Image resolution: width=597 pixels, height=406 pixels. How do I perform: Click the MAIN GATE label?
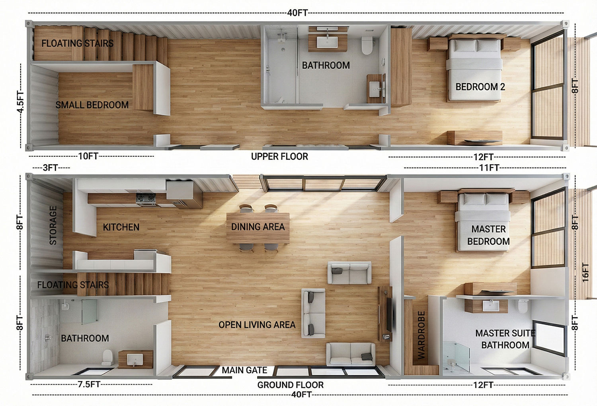tap(244, 370)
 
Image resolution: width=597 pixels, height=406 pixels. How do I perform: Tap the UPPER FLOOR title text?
tap(279, 156)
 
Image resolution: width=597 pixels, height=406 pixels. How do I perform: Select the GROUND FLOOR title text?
tap(290, 385)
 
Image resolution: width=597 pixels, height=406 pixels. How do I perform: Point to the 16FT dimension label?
tap(585, 273)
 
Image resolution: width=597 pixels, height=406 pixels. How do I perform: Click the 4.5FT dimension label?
tap(20, 102)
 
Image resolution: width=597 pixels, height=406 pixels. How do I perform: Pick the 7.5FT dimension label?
tap(89, 384)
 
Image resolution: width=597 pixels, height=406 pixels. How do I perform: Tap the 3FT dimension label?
tap(51, 168)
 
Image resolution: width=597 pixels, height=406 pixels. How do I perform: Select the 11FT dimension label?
tap(489, 168)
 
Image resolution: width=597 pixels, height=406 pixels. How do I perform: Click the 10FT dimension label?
tap(88, 156)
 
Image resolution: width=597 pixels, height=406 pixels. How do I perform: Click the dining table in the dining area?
tap(258, 228)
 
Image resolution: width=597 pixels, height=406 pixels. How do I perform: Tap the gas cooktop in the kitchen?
tap(146, 199)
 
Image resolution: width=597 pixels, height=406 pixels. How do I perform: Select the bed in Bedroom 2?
tap(474, 69)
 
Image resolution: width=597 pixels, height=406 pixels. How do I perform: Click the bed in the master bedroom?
tap(483, 222)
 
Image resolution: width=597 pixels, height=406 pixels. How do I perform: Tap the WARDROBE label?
tap(421, 335)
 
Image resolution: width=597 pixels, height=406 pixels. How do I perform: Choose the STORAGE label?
tap(53, 226)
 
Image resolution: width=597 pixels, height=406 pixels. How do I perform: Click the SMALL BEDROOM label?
tap(92, 105)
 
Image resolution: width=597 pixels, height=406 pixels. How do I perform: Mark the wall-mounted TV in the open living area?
tap(389, 314)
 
